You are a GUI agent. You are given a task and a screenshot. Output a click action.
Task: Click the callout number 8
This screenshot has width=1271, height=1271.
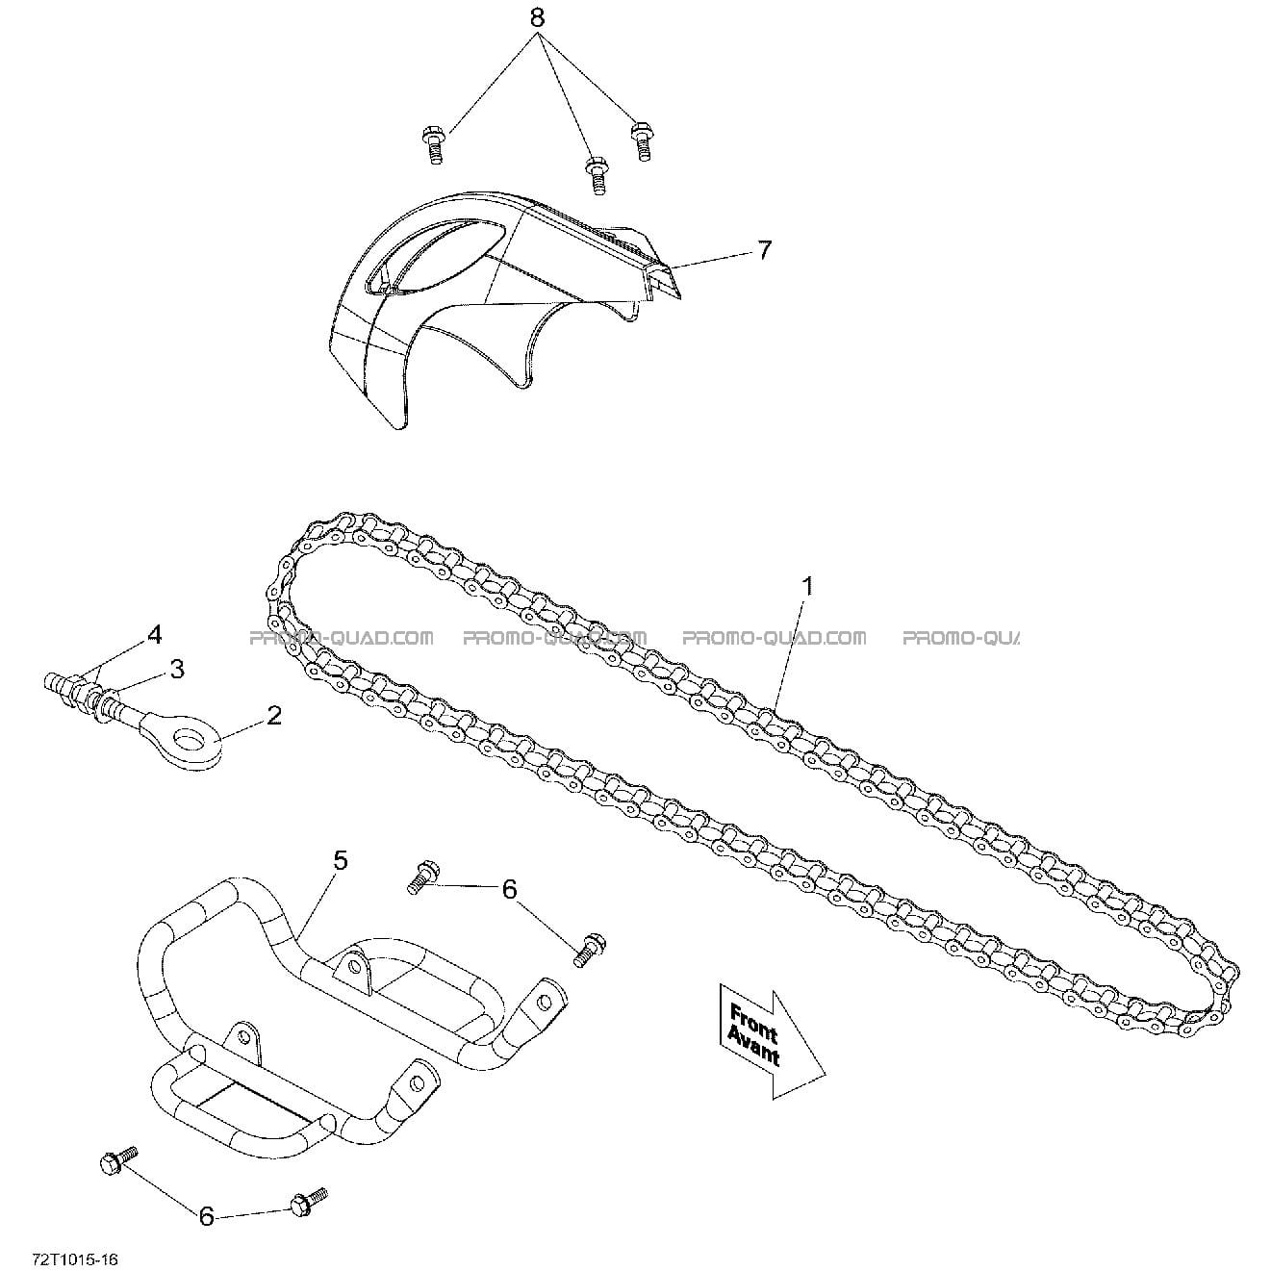point(538,18)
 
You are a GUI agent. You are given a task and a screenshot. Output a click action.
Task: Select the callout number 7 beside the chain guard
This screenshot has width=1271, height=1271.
point(764,250)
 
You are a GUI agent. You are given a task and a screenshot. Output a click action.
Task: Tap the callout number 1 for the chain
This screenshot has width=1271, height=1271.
point(807,586)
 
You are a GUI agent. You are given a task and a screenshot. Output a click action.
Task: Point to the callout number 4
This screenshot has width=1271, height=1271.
point(154,635)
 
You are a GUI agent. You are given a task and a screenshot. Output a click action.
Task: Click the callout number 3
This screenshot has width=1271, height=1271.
point(177,669)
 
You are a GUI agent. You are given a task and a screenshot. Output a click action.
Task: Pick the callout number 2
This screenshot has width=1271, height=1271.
point(273,716)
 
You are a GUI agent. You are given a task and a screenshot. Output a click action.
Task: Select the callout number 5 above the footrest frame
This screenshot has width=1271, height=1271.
point(341,860)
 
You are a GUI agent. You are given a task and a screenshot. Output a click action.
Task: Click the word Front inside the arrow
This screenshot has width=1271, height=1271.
point(754,1020)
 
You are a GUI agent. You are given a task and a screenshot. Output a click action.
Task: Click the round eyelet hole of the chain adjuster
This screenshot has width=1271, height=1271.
point(190,736)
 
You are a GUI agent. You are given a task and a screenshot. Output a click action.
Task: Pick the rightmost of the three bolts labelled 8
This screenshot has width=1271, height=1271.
point(641,140)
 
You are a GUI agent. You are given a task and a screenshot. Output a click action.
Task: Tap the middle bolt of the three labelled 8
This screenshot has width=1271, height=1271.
point(597,175)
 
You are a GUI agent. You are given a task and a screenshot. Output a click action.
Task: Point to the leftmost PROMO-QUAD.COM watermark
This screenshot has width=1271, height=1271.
point(341,638)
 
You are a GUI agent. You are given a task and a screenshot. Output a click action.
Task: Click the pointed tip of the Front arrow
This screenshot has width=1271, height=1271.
point(826,1076)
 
